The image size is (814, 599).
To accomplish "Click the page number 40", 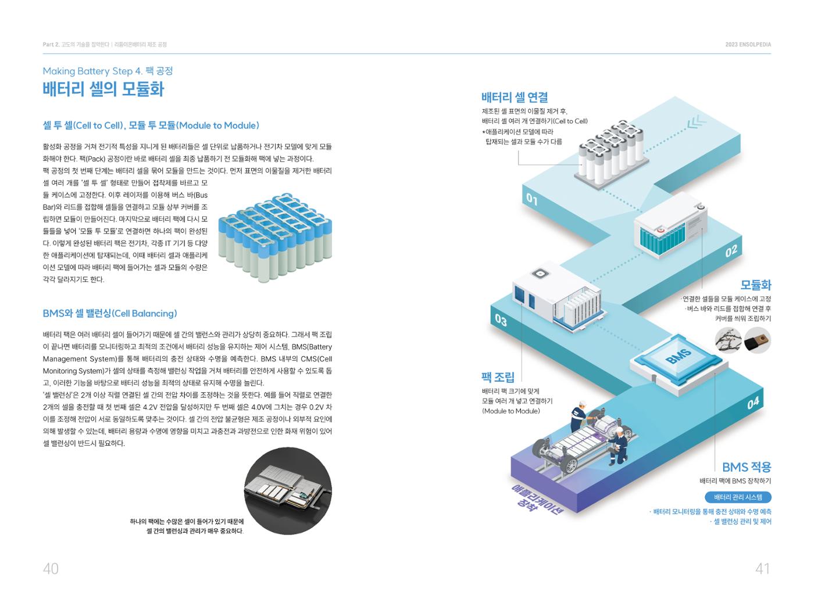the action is click(x=51, y=569).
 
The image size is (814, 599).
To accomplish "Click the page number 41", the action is click(x=762, y=569).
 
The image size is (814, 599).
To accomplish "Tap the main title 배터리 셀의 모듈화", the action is click(x=103, y=89).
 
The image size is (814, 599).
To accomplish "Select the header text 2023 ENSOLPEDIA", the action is click(x=748, y=44).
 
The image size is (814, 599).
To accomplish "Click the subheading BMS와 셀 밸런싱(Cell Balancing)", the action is click(x=110, y=313).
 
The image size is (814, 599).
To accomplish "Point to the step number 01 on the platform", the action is click(x=532, y=199).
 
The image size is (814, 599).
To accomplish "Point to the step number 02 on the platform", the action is click(x=731, y=251).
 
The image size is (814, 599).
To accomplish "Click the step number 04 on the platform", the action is click(x=753, y=403).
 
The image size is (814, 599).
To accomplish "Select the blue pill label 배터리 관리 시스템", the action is click(x=738, y=497).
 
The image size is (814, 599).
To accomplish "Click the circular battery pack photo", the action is click(x=288, y=491).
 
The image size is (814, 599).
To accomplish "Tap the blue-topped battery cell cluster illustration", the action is click(x=275, y=238).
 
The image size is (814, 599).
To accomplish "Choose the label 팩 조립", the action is click(x=498, y=377).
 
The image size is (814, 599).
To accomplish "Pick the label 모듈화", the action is click(x=756, y=285).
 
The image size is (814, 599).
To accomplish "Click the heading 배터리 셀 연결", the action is click(x=515, y=97).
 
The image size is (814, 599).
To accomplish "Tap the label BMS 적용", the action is click(x=747, y=467).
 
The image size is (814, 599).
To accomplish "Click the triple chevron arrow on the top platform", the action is click(x=697, y=123).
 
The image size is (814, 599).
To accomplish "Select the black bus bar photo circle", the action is click(x=758, y=340).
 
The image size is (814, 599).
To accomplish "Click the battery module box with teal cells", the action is click(x=670, y=225).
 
